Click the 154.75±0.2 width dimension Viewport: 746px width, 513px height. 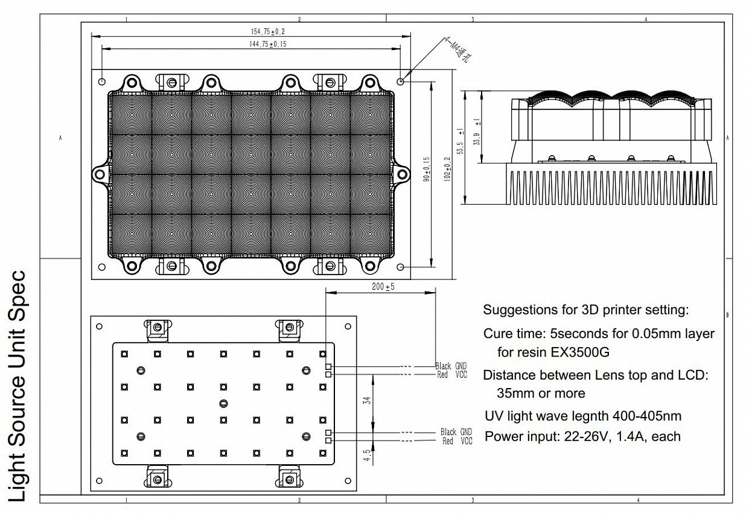268,31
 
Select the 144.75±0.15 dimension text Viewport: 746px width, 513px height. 268,44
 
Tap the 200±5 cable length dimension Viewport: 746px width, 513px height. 383,287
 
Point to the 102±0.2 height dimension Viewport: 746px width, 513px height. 447,169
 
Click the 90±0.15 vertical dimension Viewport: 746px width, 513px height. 427,169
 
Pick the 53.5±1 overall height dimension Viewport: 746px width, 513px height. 461,141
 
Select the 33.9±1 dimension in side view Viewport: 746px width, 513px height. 477,132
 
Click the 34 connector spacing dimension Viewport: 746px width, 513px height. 367,400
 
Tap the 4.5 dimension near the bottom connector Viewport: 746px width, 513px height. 367,455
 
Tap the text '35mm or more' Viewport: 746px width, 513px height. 541,394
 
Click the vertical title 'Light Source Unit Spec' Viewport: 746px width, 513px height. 17,386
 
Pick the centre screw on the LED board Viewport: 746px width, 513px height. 223,404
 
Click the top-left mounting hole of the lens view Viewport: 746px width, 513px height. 102,81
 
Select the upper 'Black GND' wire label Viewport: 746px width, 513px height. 451,366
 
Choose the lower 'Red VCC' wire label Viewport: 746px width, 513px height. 457,441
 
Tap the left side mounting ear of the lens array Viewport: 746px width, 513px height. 100,174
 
